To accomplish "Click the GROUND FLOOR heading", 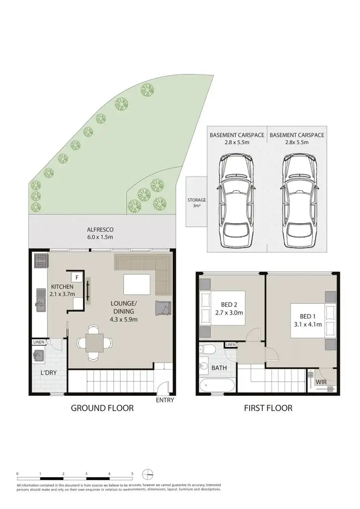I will pos(102,408).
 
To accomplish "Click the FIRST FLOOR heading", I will pos(268,408).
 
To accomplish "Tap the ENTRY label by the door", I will pos(165,400).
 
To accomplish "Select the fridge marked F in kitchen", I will pos(76,277).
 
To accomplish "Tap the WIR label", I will pos(322,382).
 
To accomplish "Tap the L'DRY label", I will pos(48,373).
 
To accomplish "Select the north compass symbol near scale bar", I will pos(148,473).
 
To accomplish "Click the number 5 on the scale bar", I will pos(132,474).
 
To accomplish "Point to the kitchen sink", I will pos(40,301).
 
